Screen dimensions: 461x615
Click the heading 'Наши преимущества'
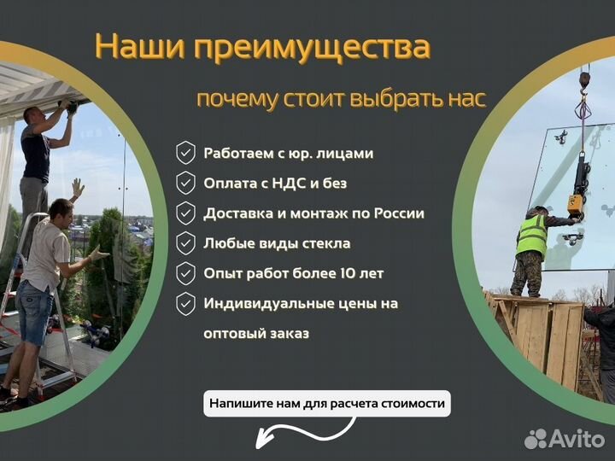pos(262,47)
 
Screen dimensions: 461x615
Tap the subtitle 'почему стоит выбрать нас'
pos(341,99)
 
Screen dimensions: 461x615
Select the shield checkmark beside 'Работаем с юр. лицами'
pos(185,154)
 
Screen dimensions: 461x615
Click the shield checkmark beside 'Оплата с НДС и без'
pos(185,184)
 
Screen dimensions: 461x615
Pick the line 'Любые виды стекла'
pos(277,243)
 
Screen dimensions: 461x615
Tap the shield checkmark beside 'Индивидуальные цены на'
pos(185,304)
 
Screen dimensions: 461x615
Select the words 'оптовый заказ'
pos(256,333)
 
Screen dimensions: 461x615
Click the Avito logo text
pos(576,439)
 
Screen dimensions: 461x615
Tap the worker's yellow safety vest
pos(531,235)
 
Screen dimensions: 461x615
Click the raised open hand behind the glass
pos(78,187)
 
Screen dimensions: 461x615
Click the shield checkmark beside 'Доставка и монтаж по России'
pos(185,213)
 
